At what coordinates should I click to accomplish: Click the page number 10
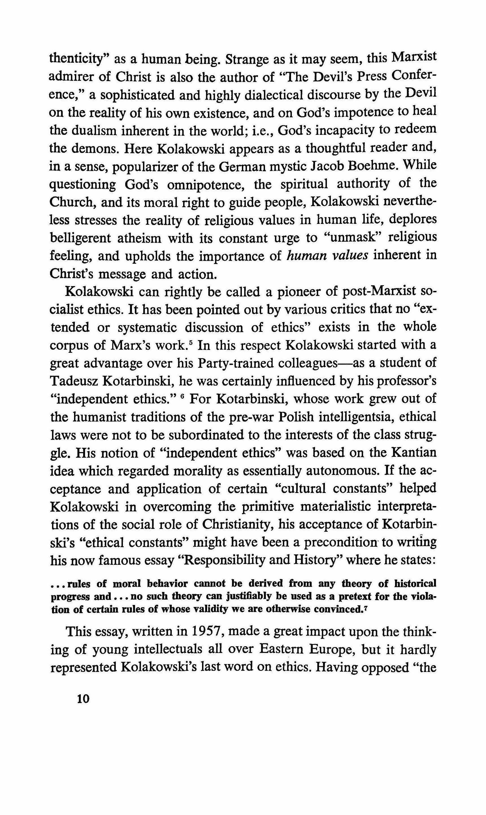pos(83,699)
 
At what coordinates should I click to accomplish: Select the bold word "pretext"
pos(355,596)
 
